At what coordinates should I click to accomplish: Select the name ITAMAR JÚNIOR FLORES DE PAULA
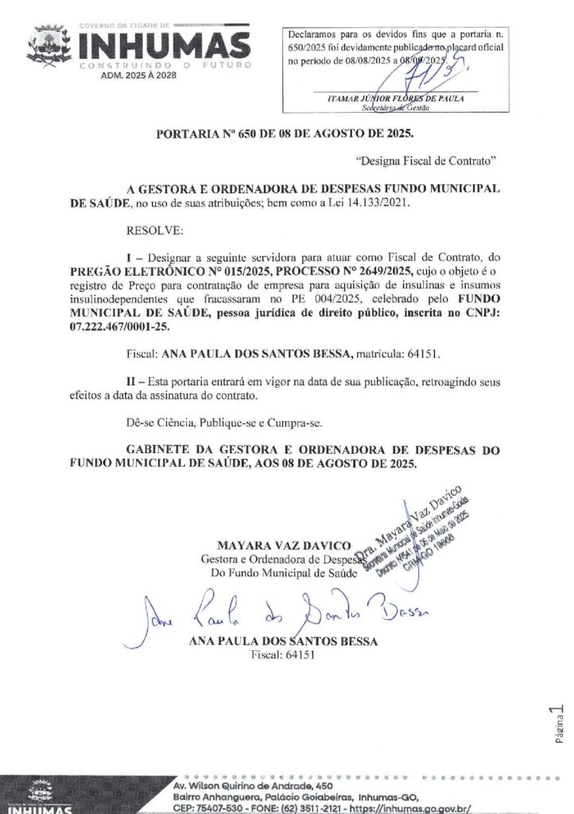click(396, 98)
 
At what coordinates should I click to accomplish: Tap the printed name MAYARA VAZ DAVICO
click(284, 545)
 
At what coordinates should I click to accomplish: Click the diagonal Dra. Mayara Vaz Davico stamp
click(417, 530)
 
